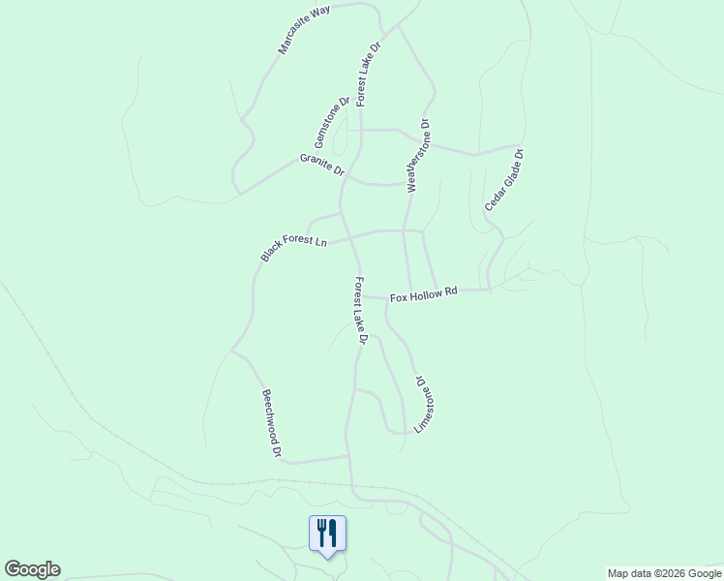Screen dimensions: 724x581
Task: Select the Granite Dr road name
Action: [322, 165]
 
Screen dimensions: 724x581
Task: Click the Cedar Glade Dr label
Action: [504, 180]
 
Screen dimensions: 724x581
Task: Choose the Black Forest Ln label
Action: [293, 238]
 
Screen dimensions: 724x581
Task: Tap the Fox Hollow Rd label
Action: [423, 295]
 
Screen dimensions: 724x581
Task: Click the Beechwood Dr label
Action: [271, 423]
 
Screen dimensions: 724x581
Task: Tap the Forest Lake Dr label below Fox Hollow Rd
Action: [360, 311]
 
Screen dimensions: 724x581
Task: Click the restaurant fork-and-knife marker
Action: [327, 534]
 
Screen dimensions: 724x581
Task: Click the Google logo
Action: [32, 569]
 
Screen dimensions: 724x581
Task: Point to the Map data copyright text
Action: [663, 573]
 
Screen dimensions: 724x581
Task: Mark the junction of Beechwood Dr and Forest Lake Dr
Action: [347, 456]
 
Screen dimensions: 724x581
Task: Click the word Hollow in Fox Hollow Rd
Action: [425, 295]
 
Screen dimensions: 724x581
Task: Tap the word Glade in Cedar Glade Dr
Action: [502, 184]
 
